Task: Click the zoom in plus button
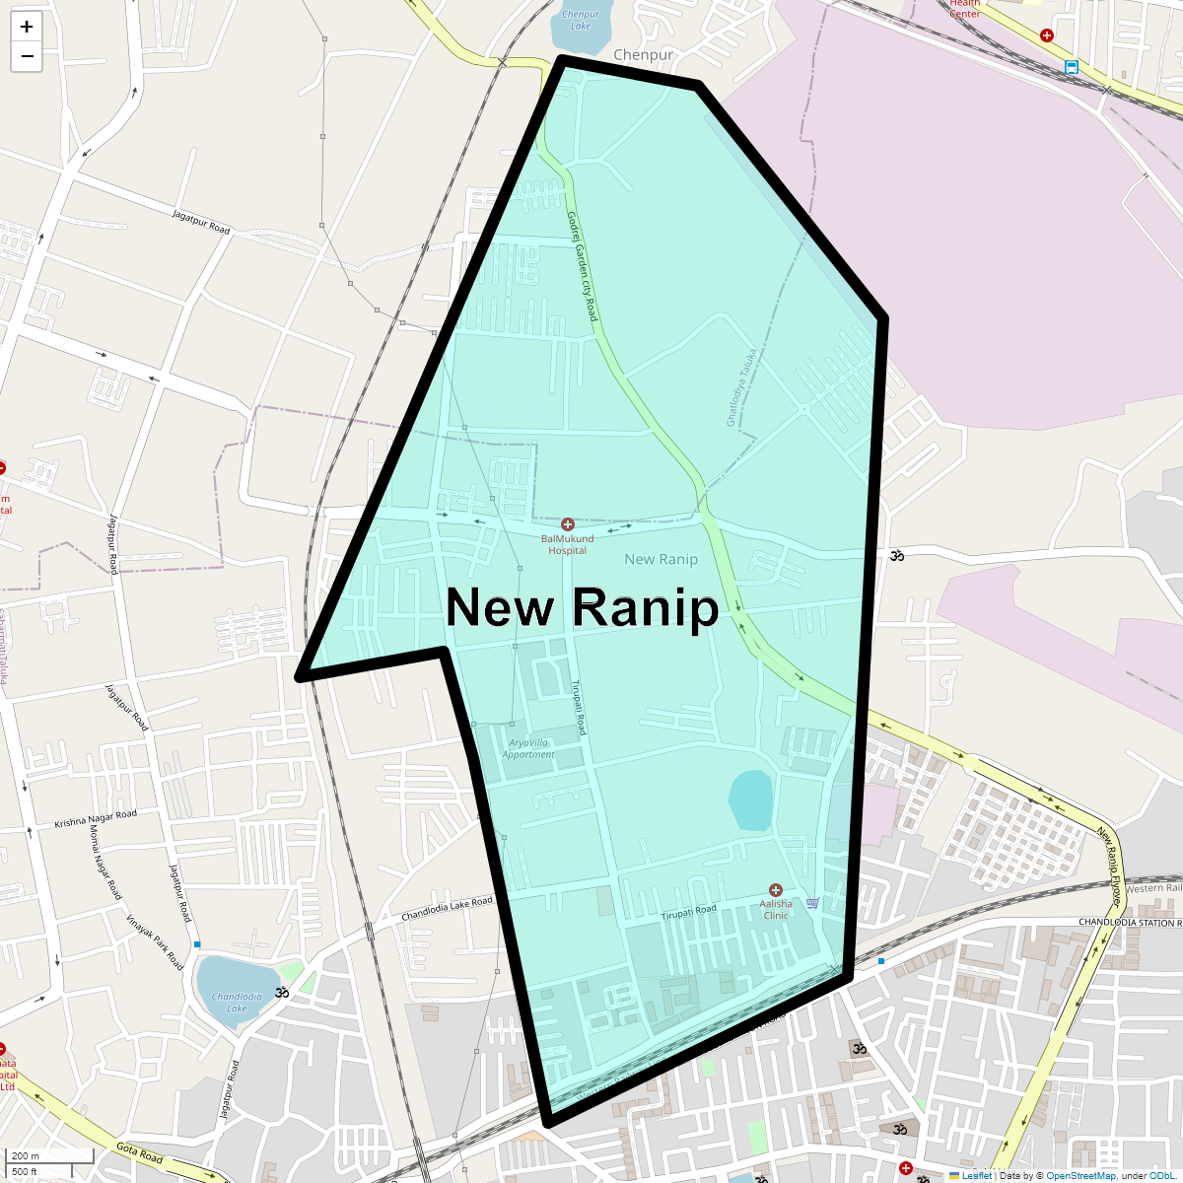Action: click(x=27, y=27)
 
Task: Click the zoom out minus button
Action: click(x=27, y=56)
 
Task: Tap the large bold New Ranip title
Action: click(x=583, y=607)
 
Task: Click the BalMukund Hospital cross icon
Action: click(x=568, y=524)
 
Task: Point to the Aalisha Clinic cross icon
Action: click(x=776, y=890)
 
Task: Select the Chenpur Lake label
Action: click(x=581, y=20)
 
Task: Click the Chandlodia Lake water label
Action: click(x=237, y=1002)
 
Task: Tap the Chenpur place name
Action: click(x=643, y=55)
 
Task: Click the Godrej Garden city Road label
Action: click(x=583, y=265)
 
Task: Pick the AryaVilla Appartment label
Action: click(x=528, y=748)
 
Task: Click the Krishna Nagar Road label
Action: click(x=96, y=818)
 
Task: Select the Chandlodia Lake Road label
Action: click(x=447, y=909)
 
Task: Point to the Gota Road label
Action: click(x=139, y=1152)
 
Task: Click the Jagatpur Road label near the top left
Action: click(x=201, y=222)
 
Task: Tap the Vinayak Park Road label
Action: click(x=155, y=941)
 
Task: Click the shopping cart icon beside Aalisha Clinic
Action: click(x=812, y=902)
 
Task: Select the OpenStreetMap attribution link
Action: click(x=1080, y=1175)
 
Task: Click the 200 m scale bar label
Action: click(x=27, y=1156)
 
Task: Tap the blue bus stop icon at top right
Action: click(x=1072, y=67)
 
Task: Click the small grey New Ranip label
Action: click(x=661, y=559)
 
